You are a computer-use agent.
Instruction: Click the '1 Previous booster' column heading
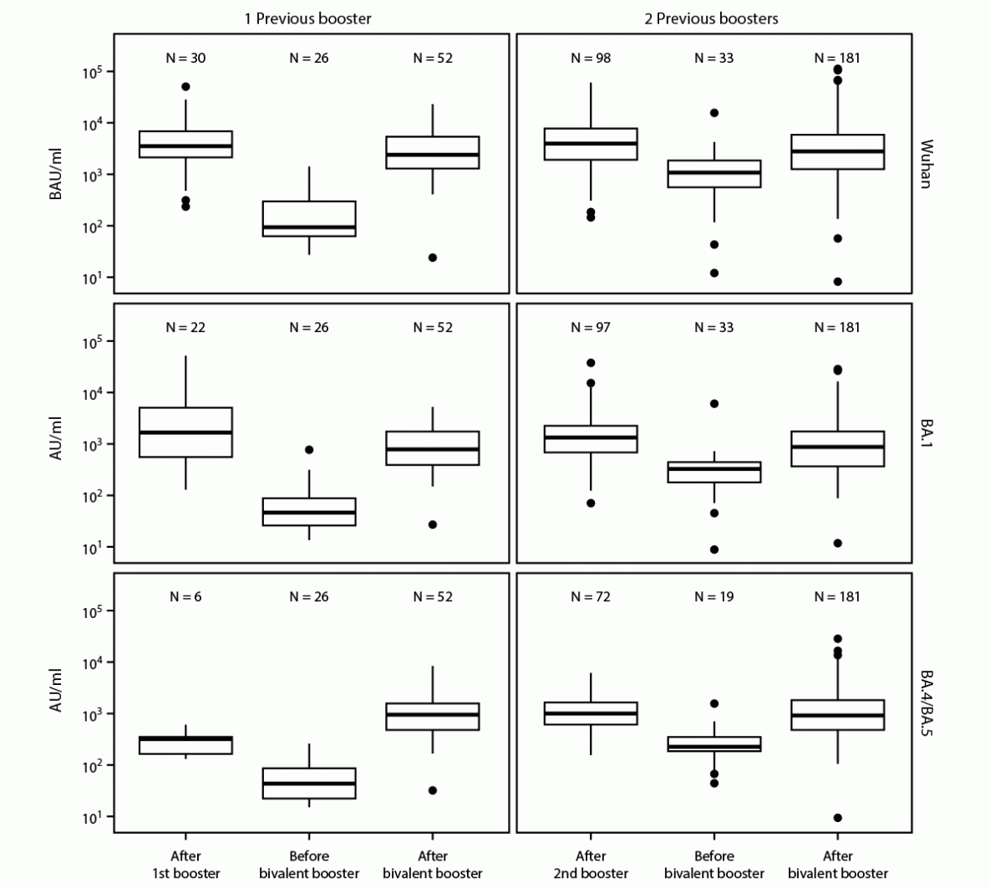[x=307, y=18]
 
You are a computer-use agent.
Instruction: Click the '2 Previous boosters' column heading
[x=711, y=18]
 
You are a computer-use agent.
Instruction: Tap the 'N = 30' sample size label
[x=185, y=59]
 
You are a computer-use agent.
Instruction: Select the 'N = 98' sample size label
[x=591, y=59]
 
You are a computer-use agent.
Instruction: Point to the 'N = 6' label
[x=185, y=597]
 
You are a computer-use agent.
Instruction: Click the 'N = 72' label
[x=591, y=597]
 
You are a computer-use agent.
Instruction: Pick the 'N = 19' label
[x=714, y=597]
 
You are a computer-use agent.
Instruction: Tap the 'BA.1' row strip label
[x=926, y=433]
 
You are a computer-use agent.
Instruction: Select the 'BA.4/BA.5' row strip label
[x=926, y=703]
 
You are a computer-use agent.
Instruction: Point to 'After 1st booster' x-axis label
[x=185, y=865]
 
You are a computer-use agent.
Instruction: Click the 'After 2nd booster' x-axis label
[x=591, y=865]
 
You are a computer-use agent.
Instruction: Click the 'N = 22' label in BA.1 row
[x=185, y=328]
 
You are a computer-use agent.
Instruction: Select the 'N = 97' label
[x=591, y=328]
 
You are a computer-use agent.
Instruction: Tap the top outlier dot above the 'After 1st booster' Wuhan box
[x=185, y=87]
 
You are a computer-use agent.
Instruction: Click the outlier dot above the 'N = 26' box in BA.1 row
[x=309, y=450]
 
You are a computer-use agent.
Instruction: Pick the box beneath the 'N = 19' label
[x=714, y=744]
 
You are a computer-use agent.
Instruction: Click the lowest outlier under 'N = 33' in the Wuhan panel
[x=714, y=273]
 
